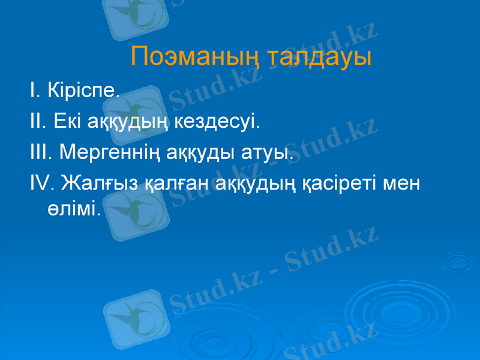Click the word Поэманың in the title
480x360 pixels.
click(195, 58)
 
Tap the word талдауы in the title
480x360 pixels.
click(319, 58)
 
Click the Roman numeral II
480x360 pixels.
click(35, 122)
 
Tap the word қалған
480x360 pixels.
click(174, 181)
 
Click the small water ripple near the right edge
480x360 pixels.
click(457, 261)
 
